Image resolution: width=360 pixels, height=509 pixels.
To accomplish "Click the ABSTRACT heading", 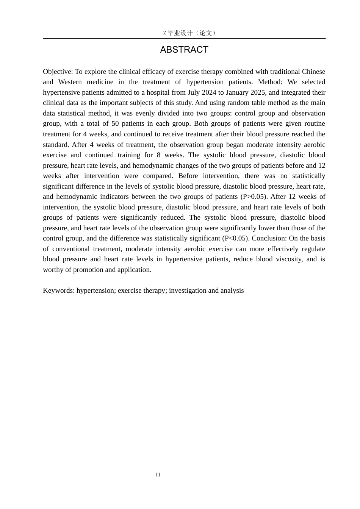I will (x=184, y=50).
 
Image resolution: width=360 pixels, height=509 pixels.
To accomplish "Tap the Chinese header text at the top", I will (x=189, y=33).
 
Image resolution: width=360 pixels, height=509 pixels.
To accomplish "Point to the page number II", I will (x=158, y=475).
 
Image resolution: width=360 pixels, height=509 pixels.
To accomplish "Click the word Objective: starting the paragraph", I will (x=58, y=72).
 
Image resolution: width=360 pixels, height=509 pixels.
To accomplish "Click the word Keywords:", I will (x=59, y=290).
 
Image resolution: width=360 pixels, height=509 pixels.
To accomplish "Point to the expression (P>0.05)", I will (x=254, y=197).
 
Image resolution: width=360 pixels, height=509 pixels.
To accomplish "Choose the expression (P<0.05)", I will (x=236, y=238).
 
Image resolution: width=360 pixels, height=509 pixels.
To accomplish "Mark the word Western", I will (x=70, y=82).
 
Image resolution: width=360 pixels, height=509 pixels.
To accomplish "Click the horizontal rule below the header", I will (x=184, y=39).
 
